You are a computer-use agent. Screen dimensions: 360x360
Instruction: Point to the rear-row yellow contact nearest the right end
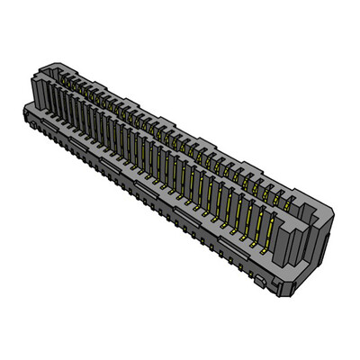(x=290, y=197)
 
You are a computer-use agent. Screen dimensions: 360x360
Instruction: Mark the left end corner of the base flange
(x=22, y=113)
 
